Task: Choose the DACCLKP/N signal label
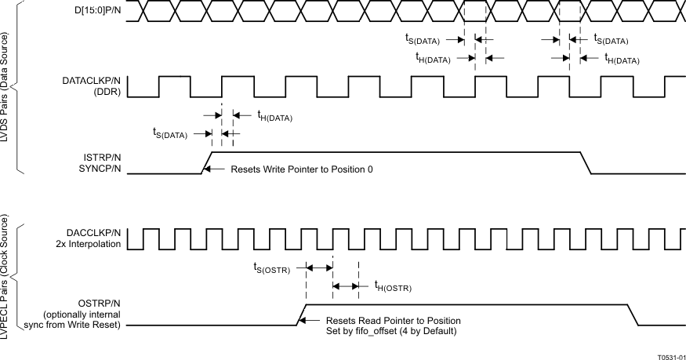[x=94, y=232]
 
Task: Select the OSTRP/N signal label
[x=100, y=302]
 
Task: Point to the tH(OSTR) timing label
[x=392, y=288]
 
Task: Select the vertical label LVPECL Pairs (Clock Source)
[x=8, y=282]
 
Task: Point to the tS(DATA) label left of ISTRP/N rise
[x=169, y=134]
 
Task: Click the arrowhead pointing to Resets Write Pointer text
[x=211, y=169]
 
